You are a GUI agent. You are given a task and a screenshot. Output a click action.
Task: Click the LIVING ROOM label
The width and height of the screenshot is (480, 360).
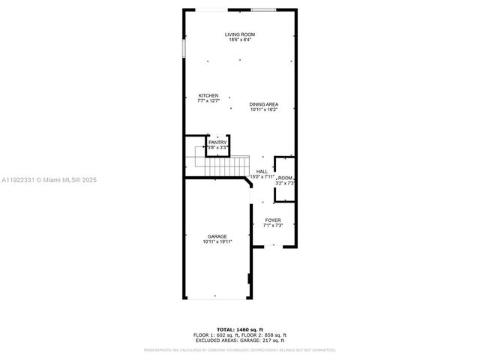[239, 34]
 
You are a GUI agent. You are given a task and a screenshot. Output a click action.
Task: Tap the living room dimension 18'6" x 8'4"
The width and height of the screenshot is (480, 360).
[239, 40]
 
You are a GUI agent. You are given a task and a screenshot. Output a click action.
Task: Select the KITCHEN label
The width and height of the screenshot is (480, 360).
[208, 95]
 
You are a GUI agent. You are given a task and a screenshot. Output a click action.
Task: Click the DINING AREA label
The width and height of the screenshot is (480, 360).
[264, 104]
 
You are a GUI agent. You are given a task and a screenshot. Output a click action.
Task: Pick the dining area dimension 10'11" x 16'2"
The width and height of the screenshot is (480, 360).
[264, 109]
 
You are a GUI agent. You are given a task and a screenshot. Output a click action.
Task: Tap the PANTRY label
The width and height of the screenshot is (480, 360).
[217, 142]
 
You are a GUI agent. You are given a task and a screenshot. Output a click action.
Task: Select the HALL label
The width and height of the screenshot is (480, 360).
[262, 172]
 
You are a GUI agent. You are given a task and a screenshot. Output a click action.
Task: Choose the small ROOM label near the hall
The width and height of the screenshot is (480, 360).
[285, 178]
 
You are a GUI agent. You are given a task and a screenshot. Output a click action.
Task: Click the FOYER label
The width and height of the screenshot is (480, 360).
[273, 220]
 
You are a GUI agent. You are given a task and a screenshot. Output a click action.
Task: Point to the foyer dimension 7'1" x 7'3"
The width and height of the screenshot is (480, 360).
[273, 226]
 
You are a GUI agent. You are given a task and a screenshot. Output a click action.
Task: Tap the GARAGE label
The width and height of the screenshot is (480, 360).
[217, 236]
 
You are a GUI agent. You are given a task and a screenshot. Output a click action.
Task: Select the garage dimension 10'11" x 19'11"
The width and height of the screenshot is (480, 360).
[217, 241]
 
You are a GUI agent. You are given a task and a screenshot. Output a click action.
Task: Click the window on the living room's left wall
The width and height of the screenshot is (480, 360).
[184, 47]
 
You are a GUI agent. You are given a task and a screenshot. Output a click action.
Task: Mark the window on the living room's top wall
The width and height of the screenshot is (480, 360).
[262, 10]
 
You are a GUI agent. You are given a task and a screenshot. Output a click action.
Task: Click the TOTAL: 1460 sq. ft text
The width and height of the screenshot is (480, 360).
[239, 329]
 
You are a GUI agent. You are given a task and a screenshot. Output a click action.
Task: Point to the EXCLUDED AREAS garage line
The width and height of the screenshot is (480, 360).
[239, 340]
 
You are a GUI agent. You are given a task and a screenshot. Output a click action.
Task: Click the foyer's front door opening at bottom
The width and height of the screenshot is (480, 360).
[273, 246]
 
